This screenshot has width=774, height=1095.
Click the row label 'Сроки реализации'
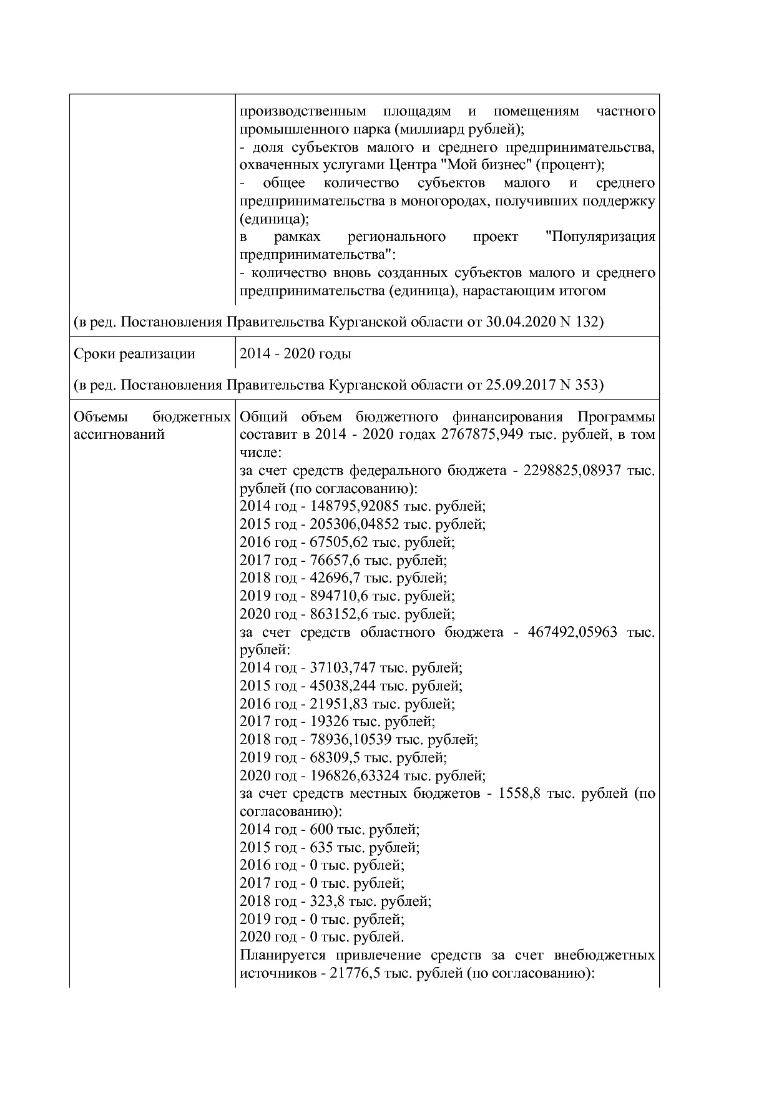tap(134, 354)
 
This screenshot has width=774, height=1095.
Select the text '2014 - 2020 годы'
tap(295, 354)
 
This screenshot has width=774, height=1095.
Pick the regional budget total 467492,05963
tap(572, 632)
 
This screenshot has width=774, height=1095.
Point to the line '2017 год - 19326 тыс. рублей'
tap(337, 722)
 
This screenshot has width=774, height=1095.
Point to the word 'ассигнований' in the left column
tap(119, 435)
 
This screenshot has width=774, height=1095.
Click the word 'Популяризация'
tap(600, 237)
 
